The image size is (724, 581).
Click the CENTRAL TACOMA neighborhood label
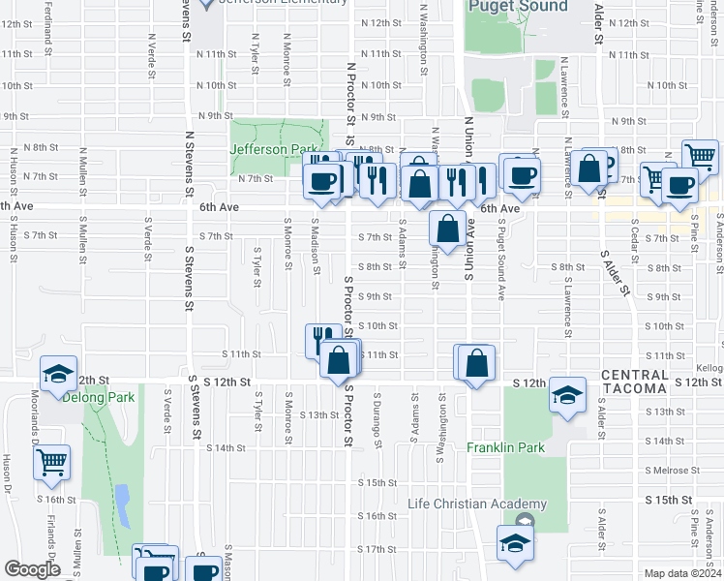coord(634,382)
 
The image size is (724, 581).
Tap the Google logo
coord(32,568)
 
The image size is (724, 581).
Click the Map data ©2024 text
coord(683,573)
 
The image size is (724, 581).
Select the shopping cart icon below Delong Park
coord(52,462)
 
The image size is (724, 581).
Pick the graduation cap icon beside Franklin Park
coord(567,395)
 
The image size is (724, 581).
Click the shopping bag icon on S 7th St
coord(447,230)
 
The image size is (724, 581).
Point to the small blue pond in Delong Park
coord(122,502)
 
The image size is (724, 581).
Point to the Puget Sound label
coord(518,7)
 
